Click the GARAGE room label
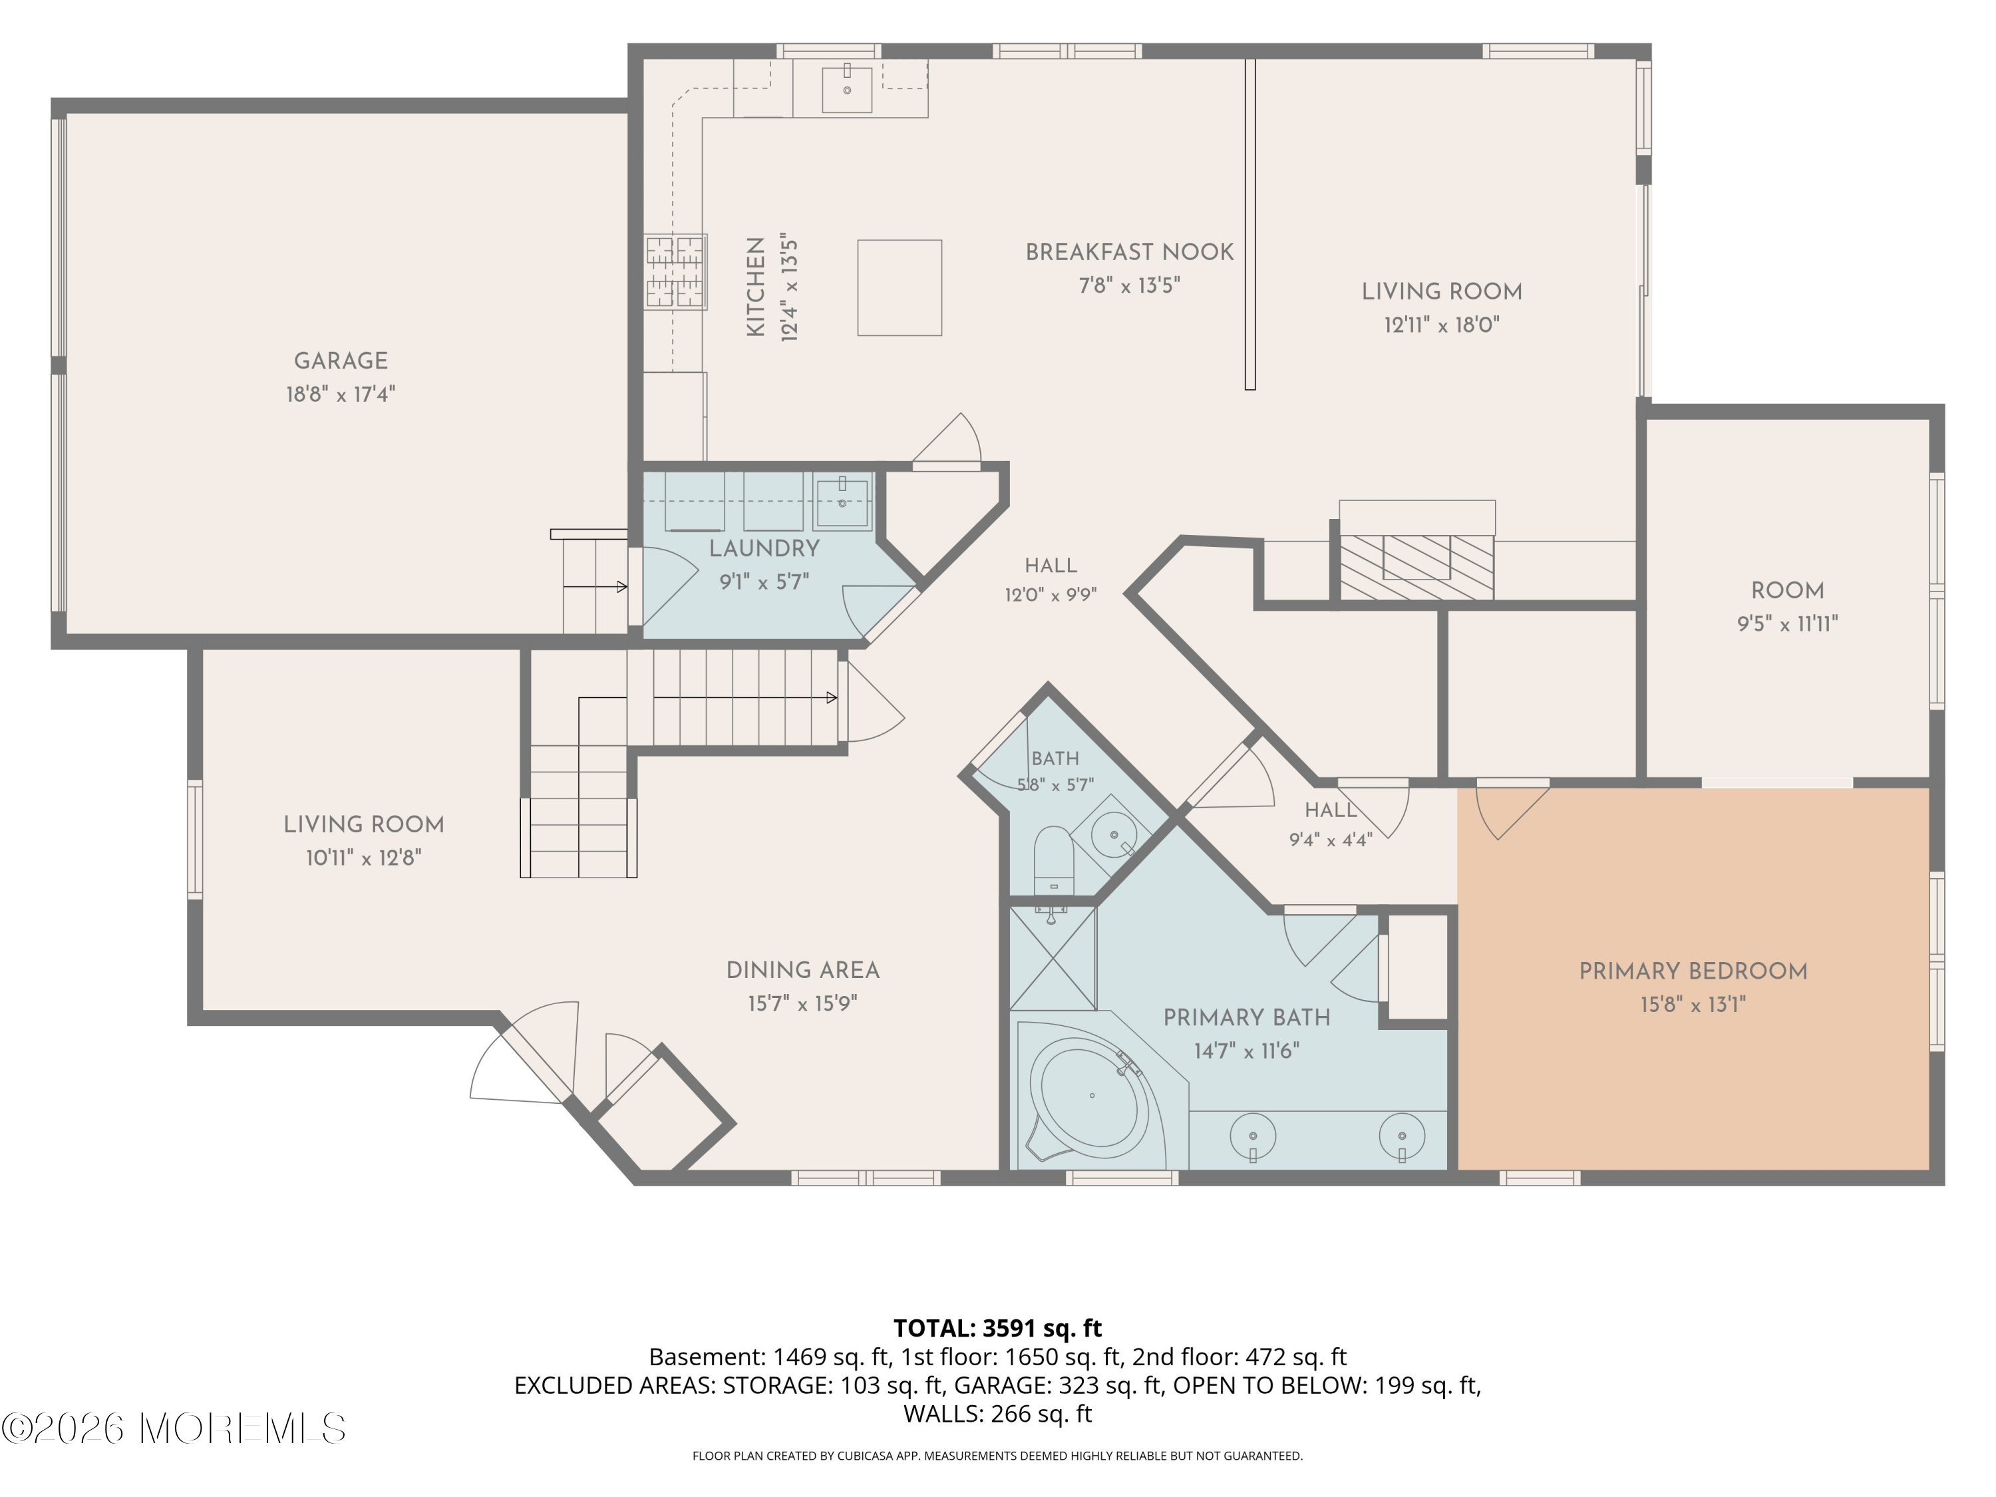pos(341,361)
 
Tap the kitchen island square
pos(900,288)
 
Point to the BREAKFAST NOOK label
pos(1130,253)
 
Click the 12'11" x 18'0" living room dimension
pos(1442,325)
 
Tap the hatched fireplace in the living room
pos(1416,567)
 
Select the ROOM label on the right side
pos(1788,591)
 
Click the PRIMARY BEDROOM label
pos(1693,972)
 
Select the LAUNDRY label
pos(764,549)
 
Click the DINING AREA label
pos(803,971)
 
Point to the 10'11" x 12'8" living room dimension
pos(364,858)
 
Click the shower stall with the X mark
pos(1052,958)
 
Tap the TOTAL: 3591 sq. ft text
pos(997,1328)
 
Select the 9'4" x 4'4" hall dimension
pos(1331,840)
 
